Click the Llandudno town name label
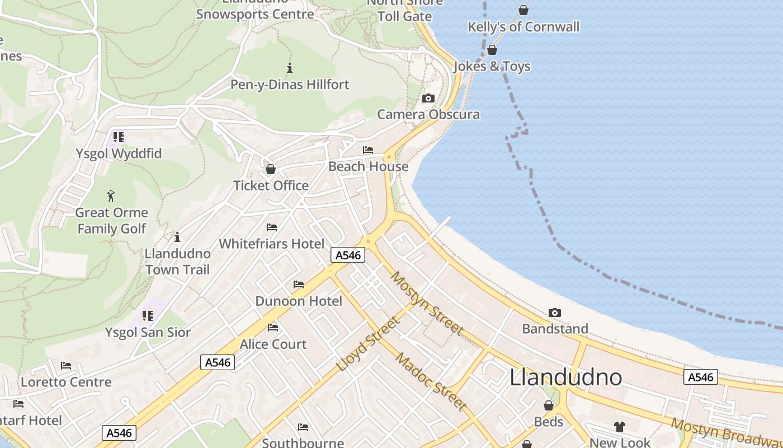click(565, 377)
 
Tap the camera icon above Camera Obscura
click(428, 99)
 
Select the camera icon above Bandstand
click(555, 312)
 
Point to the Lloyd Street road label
click(369, 344)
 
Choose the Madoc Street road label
click(431, 381)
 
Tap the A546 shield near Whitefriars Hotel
click(348, 255)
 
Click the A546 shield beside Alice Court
click(218, 362)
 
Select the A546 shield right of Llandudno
click(700, 377)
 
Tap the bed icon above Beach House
click(368, 150)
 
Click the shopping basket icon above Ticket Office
click(271, 169)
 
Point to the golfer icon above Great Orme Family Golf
click(111, 196)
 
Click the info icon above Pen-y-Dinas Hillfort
click(290, 68)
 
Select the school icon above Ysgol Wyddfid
click(118, 137)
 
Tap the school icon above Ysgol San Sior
click(148, 316)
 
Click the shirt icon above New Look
click(619, 427)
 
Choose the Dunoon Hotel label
click(299, 301)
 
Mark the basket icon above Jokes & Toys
click(492, 50)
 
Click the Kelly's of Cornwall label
click(523, 27)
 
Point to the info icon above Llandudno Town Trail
click(177, 237)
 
